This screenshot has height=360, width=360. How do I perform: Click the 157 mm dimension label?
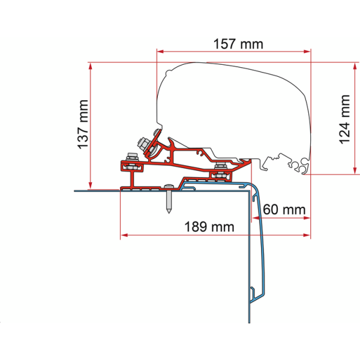[x=238, y=44]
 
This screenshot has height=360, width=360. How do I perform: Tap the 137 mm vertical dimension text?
[x=83, y=124]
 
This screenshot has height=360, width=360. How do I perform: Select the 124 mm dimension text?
[x=344, y=119]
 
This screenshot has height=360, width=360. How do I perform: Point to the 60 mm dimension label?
[x=284, y=209]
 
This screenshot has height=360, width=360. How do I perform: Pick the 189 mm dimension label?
[x=209, y=227]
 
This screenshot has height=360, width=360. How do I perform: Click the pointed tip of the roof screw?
[x=169, y=212]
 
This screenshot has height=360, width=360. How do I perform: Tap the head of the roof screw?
[x=169, y=185]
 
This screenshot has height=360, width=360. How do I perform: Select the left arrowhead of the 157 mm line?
[x=160, y=52]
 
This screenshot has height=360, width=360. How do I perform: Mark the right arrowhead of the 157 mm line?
[x=307, y=52]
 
